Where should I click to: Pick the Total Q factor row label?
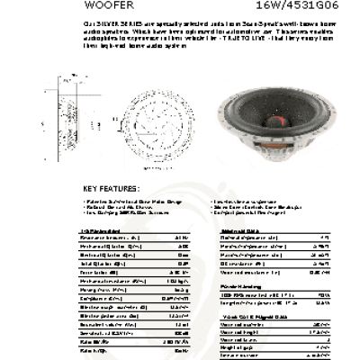[98, 263]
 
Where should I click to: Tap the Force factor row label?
[95, 271]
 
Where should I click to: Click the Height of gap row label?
[238, 348]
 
